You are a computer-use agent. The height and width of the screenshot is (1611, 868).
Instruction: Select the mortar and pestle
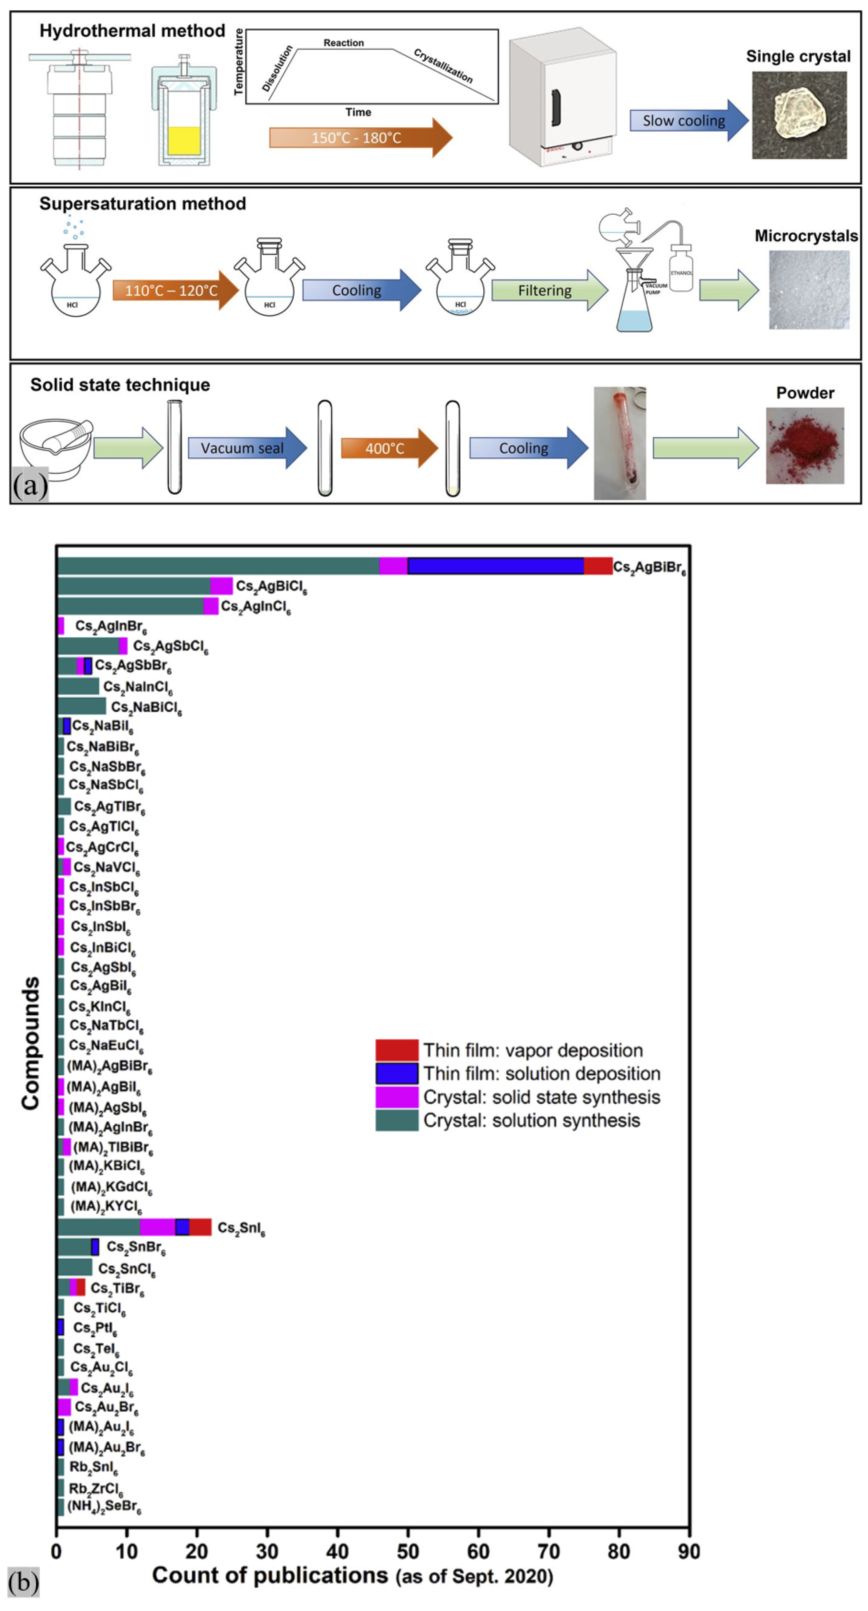55,445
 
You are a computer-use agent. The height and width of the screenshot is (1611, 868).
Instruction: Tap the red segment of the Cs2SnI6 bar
200,1227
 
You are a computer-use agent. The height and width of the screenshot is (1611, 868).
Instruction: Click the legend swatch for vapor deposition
397,1050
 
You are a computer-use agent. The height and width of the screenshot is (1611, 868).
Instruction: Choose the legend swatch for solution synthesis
397,1120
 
